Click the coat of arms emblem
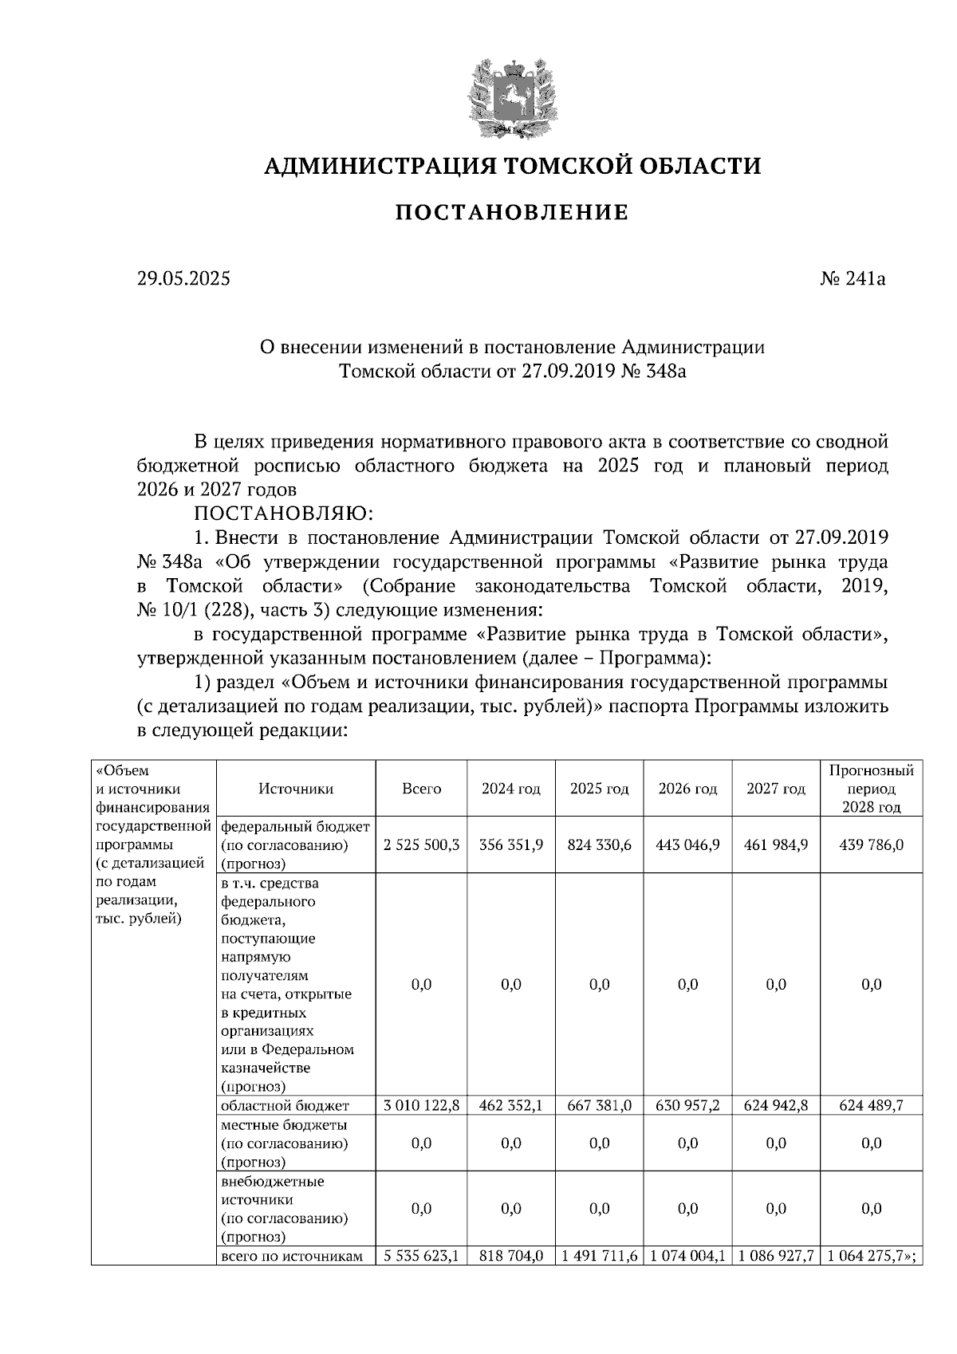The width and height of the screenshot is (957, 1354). click(x=512, y=98)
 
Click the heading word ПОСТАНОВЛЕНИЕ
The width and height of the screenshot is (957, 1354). click(x=512, y=213)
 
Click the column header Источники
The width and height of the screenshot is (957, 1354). click(x=296, y=789)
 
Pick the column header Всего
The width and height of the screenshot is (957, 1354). click(x=421, y=789)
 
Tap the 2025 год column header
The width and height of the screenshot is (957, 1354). click(x=599, y=789)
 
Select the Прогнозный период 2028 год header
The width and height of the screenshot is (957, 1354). click(x=871, y=789)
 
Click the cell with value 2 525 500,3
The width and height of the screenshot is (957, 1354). click(x=421, y=845)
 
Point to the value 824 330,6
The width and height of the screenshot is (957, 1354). click(x=599, y=845)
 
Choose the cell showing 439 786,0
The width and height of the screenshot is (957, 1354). click(x=871, y=845)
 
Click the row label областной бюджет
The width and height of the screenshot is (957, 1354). click(x=285, y=1106)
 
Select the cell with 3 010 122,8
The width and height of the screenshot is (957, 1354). click(x=421, y=1106)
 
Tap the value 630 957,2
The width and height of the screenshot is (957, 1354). click(x=687, y=1106)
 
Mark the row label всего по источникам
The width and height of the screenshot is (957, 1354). click(x=292, y=1256)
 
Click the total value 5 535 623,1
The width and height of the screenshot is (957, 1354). click(x=421, y=1256)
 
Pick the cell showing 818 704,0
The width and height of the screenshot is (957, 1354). click(x=510, y=1256)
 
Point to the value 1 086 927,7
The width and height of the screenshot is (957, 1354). click(x=776, y=1256)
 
